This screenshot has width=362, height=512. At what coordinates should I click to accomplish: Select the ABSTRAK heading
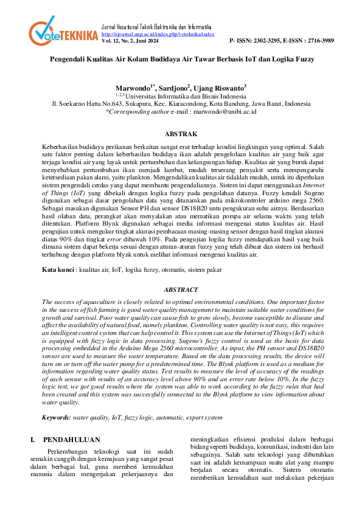tap(181, 134)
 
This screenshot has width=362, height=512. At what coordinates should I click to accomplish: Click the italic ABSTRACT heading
tap(181, 291)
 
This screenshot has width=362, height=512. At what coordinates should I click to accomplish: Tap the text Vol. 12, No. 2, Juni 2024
tap(130, 41)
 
